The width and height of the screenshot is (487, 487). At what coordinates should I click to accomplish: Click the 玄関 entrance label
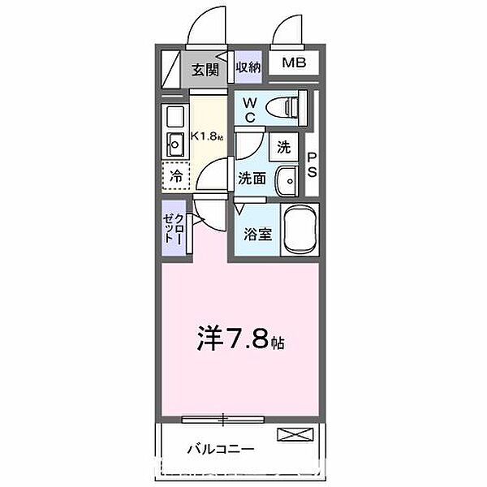coord(206,70)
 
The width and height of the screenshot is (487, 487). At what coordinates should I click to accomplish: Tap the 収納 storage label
coord(248,68)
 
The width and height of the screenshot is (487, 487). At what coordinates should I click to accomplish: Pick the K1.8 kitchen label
coord(208,137)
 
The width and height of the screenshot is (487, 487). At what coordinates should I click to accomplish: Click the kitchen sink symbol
coord(175,144)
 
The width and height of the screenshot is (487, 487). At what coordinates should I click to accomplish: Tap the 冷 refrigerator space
coord(175,175)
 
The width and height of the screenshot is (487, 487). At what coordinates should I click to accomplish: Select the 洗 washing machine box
coord(283,148)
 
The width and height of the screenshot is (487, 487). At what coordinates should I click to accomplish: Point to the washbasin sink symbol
coord(287,179)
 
